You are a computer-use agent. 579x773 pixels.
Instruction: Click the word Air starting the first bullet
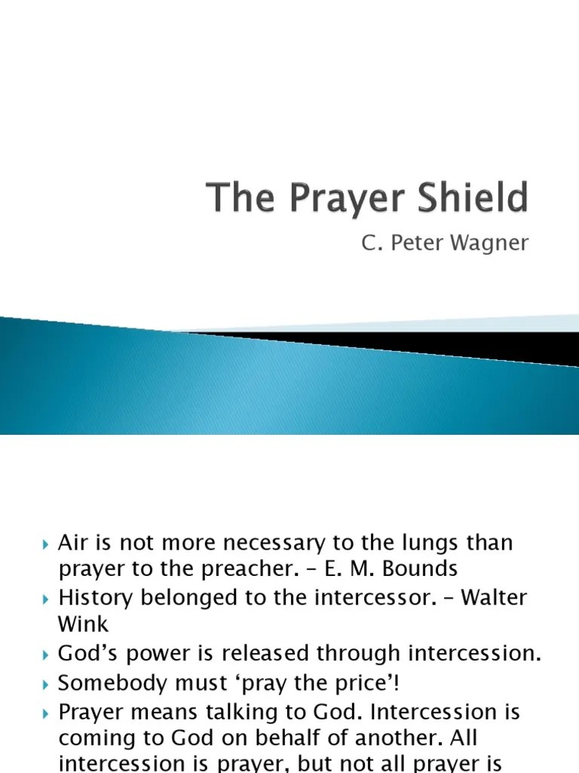pos(74,544)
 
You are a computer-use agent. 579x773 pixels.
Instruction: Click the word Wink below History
pos(83,624)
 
